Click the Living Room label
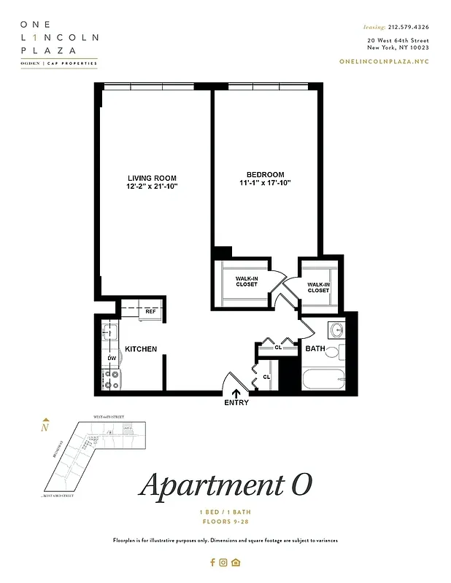pyautogui.click(x=151, y=178)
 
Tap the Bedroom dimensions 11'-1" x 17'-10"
pyautogui.click(x=265, y=183)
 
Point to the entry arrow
pyautogui.click(x=236, y=394)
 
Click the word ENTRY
pyautogui.click(x=236, y=403)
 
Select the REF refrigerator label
pyautogui.click(x=151, y=312)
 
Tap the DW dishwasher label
pyautogui.click(x=112, y=359)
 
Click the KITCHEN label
pyautogui.click(x=141, y=349)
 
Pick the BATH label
pyautogui.click(x=315, y=349)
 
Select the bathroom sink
pyautogui.click(x=336, y=330)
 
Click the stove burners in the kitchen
pyautogui.click(x=112, y=378)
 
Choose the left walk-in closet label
pyautogui.click(x=246, y=281)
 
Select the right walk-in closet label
pyautogui.click(x=318, y=287)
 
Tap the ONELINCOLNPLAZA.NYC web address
pyautogui.click(x=384, y=61)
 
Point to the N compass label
pyautogui.click(x=45, y=428)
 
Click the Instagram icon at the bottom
pyautogui.click(x=224, y=562)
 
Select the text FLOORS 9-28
pyautogui.click(x=225, y=522)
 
